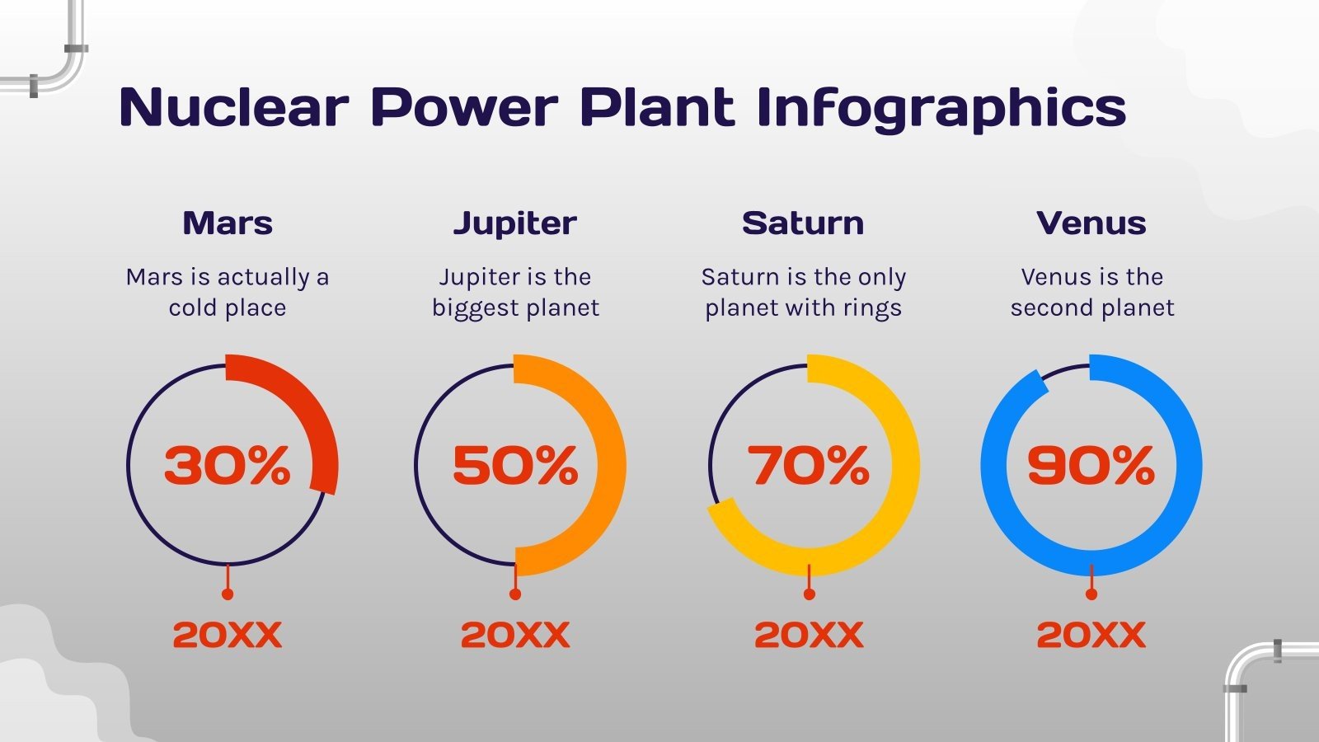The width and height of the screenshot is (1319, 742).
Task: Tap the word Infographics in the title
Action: [941, 109]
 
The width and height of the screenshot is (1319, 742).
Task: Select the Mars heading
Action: [228, 223]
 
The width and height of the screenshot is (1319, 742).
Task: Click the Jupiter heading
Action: [515, 223]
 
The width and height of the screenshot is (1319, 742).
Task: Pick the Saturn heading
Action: [803, 223]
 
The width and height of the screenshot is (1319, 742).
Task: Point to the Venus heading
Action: [1091, 223]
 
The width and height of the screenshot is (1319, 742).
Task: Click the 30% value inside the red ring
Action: [228, 466]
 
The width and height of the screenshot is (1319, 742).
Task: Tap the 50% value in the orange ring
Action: [515, 466]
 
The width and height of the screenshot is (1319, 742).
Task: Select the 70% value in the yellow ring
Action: [809, 466]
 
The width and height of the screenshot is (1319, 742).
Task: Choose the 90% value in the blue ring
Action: [1091, 466]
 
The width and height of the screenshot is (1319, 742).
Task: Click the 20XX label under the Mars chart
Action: [228, 635]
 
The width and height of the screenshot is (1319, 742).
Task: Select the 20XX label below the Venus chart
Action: [1091, 635]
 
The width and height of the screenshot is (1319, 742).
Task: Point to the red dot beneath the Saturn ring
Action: [809, 594]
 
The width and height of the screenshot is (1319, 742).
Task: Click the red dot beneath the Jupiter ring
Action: [515, 594]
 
